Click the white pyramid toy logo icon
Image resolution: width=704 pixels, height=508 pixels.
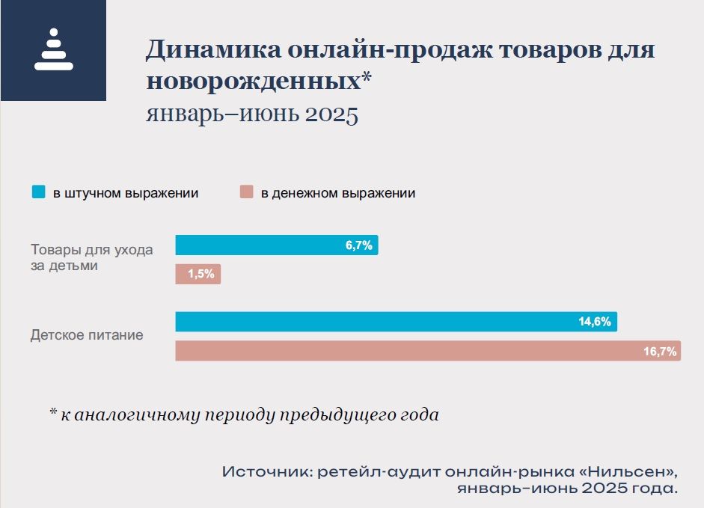click(53, 50)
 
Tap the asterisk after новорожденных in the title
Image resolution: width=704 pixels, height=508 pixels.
click(367, 78)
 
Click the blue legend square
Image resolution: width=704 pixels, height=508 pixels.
click(38, 192)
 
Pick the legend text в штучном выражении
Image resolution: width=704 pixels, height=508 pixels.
click(125, 192)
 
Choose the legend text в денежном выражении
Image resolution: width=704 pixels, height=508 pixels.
click(337, 192)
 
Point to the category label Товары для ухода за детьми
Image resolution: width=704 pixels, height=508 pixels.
click(91, 257)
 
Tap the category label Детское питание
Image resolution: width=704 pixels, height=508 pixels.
click(87, 335)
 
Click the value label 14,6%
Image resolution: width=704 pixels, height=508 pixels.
click(595, 322)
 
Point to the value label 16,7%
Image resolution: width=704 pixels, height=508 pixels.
click(660, 351)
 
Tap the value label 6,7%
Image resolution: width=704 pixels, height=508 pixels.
click(358, 245)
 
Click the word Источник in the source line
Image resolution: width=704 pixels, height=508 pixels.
click(266, 472)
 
